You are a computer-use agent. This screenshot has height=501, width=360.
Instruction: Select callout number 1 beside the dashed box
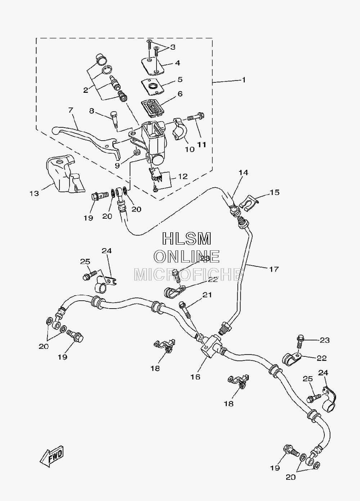[x=244, y=80]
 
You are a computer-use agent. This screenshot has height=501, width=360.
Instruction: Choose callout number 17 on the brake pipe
[x=274, y=269]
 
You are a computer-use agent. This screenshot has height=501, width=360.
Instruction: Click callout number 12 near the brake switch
[x=183, y=177]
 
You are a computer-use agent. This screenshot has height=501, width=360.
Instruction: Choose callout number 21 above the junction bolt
[x=207, y=295]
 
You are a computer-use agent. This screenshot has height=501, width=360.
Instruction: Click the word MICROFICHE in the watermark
[x=189, y=274]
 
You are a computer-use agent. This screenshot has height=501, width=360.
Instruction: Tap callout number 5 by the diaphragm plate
[x=180, y=79]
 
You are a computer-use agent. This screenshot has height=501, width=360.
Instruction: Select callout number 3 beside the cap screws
[x=172, y=47]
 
